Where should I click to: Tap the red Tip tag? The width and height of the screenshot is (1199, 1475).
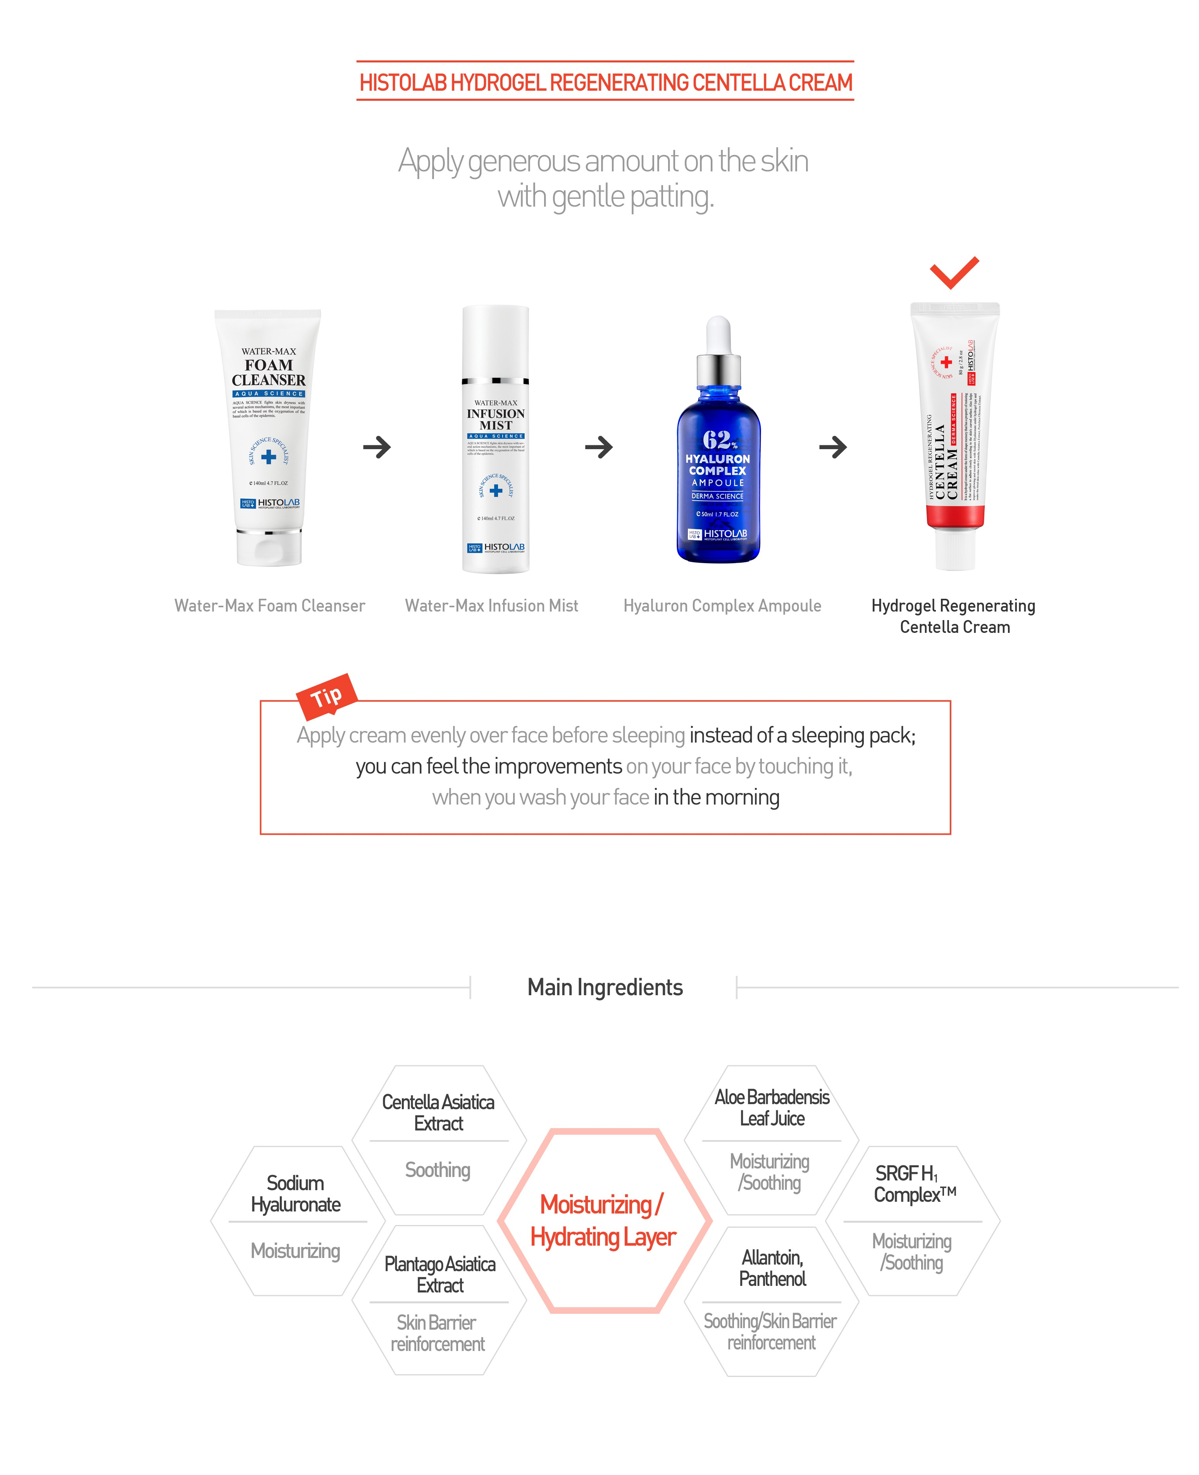pyautogui.click(x=326, y=696)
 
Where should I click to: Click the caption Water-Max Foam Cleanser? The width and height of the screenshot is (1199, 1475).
pyautogui.click(x=269, y=606)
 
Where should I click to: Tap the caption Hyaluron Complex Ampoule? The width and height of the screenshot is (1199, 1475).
pyautogui.click(x=722, y=606)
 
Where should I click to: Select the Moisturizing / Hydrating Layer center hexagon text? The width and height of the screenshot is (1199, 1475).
pyautogui.click(x=603, y=1220)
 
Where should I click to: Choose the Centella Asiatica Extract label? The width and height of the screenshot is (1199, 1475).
pyautogui.click(x=438, y=1113)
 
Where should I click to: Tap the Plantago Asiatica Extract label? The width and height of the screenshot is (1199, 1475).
pyautogui.click(x=439, y=1274)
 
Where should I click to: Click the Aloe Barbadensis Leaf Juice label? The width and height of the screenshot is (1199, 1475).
pyautogui.click(x=772, y=1108)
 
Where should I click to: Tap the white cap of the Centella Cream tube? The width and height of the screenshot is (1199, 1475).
pyautogui.click(x=954, y=549)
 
